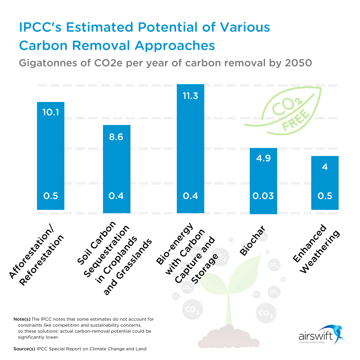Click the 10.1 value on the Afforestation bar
pos(50,112)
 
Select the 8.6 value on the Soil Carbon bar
pos(116,137)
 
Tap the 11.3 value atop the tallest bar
pos(190,96)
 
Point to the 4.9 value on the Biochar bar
pos(263,158)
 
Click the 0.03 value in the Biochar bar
pos(263,196)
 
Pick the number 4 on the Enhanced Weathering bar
pos(325,166)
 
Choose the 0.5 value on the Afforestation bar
pos(50,196)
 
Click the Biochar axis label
pos(252,240)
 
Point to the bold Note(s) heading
pos(22,319)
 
